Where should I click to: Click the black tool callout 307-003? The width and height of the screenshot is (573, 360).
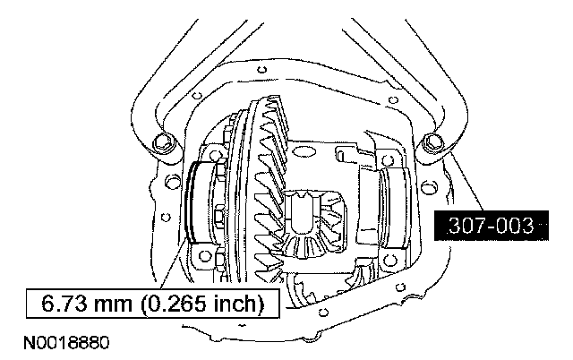click(492, 226)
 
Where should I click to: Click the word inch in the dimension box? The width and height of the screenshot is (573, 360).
click(233, 304)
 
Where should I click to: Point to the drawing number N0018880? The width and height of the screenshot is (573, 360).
click(66, 343)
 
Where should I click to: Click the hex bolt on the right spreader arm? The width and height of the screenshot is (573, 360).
click(433, 142)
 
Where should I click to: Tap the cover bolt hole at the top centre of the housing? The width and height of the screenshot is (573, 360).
click(261, 69)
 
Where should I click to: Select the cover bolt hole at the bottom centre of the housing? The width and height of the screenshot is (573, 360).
click(322, 312)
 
